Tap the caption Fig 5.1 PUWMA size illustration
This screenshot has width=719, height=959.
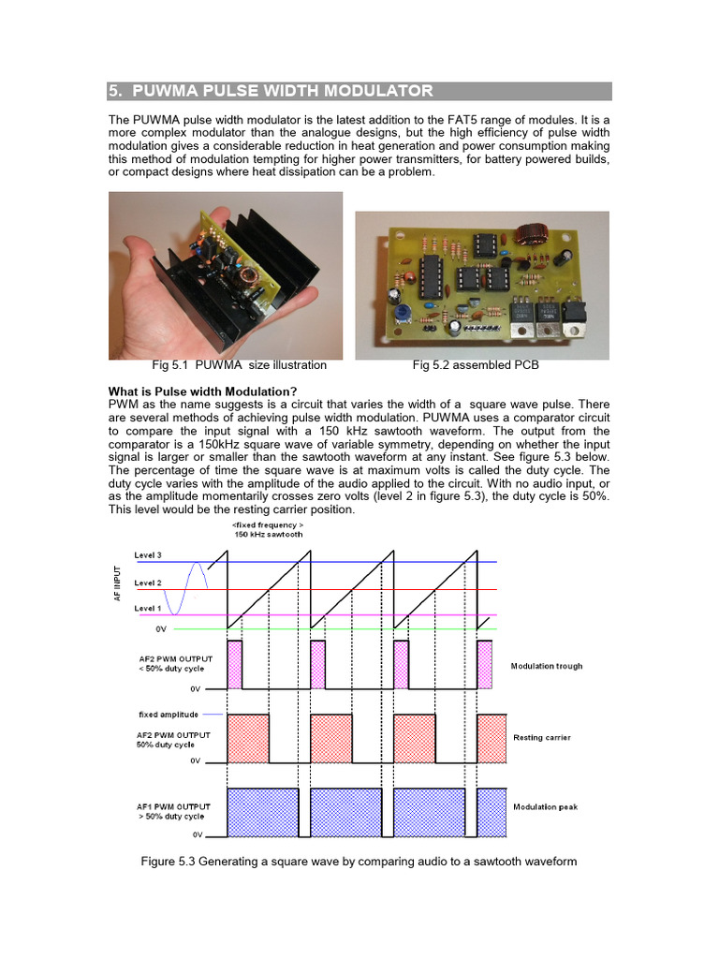[239, 365]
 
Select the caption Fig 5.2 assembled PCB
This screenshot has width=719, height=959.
[476, 365]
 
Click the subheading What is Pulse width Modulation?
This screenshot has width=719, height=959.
[203, 391]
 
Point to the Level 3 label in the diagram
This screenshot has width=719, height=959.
[148, 555]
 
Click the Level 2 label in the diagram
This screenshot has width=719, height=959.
[148, 583]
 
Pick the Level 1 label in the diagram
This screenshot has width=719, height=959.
[148, 610]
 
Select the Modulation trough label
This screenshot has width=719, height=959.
[546, 666]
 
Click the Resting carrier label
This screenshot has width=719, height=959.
[542, 737]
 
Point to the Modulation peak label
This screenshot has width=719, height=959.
[545, 806]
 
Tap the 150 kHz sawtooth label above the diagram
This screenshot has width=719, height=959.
[268, 533]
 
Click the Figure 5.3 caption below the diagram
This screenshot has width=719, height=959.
[359, 861]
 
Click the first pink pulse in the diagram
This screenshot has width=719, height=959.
[234, 664]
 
